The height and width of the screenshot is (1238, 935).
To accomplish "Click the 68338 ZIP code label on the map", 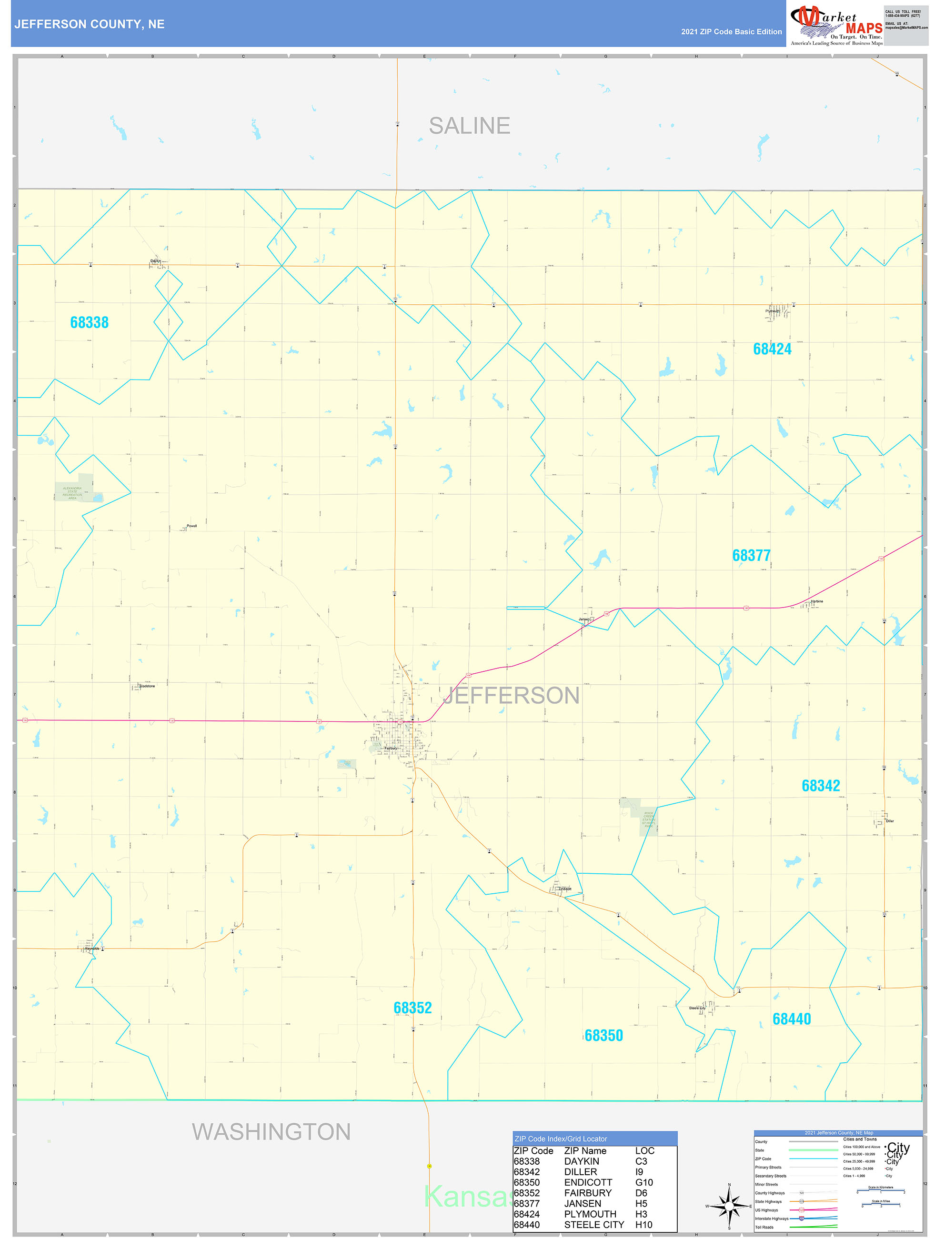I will [x=89, y=322].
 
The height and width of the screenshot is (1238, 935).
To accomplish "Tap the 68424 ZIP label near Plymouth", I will [x=772, y=349].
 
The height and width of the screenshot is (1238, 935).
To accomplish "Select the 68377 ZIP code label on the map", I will [x=751, y=555].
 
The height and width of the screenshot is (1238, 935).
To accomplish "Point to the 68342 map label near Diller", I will [x=821, y=786].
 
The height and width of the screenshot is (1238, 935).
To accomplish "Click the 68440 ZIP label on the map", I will [x=792, y=1019].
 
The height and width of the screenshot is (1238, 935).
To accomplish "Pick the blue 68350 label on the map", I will [x=603, y=1036].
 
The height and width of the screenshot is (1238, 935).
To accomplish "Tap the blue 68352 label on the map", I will [x=412, y=1008].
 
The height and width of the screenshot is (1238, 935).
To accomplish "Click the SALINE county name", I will [x=469, y=126].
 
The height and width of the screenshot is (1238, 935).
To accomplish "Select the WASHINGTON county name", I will [x=271, y=1132].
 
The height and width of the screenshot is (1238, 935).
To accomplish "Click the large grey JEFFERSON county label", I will [x=511, y=696].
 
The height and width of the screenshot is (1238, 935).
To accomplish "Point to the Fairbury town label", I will [x=390, y=749].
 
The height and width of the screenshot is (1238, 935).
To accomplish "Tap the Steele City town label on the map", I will [x=697, y=1008].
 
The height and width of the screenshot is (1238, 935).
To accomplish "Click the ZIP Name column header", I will [x=585, y=1151].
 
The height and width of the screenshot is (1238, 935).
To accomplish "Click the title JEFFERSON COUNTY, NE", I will [x=90, y=24].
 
